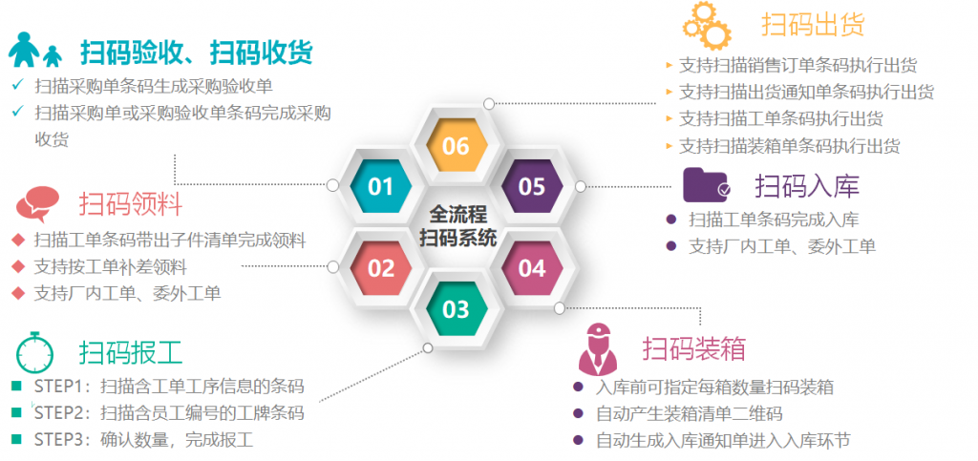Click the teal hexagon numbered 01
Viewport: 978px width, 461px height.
380,186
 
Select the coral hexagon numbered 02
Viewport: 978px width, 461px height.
380,268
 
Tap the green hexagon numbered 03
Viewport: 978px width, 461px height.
456,309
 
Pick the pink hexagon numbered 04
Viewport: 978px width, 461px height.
532,268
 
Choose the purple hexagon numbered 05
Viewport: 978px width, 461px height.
532,186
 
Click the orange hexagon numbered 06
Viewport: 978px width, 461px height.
456,145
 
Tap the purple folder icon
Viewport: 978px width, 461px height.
706,184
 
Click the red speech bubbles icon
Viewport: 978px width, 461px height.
37,204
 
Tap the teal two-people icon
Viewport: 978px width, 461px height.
35,50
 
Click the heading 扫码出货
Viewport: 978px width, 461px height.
812,24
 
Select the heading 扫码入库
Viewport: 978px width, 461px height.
807,185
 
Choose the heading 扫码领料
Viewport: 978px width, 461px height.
130,203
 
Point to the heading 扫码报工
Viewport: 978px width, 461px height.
130,352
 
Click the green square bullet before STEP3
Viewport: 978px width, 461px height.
16,439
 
